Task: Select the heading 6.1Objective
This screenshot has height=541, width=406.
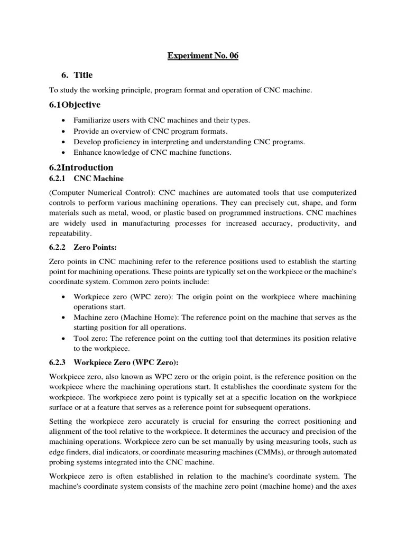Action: [75, 105]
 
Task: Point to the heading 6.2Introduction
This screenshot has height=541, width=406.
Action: [81, 167]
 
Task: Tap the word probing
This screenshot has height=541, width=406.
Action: [65, 462]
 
